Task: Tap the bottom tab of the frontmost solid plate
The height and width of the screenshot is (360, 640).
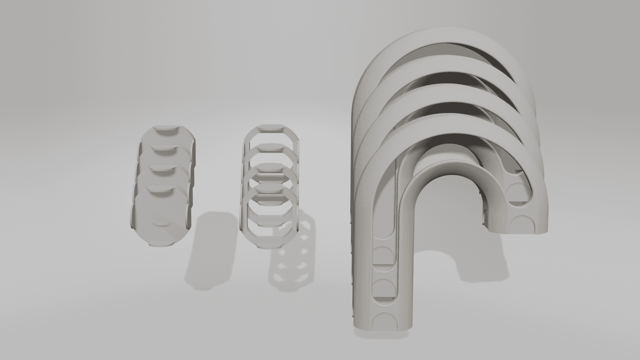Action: (161, 245)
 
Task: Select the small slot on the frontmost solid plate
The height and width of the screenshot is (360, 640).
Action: (161, 223)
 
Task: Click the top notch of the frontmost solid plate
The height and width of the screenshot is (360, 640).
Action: (161, 191)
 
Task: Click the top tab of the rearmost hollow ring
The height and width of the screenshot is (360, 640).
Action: (271, 127)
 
